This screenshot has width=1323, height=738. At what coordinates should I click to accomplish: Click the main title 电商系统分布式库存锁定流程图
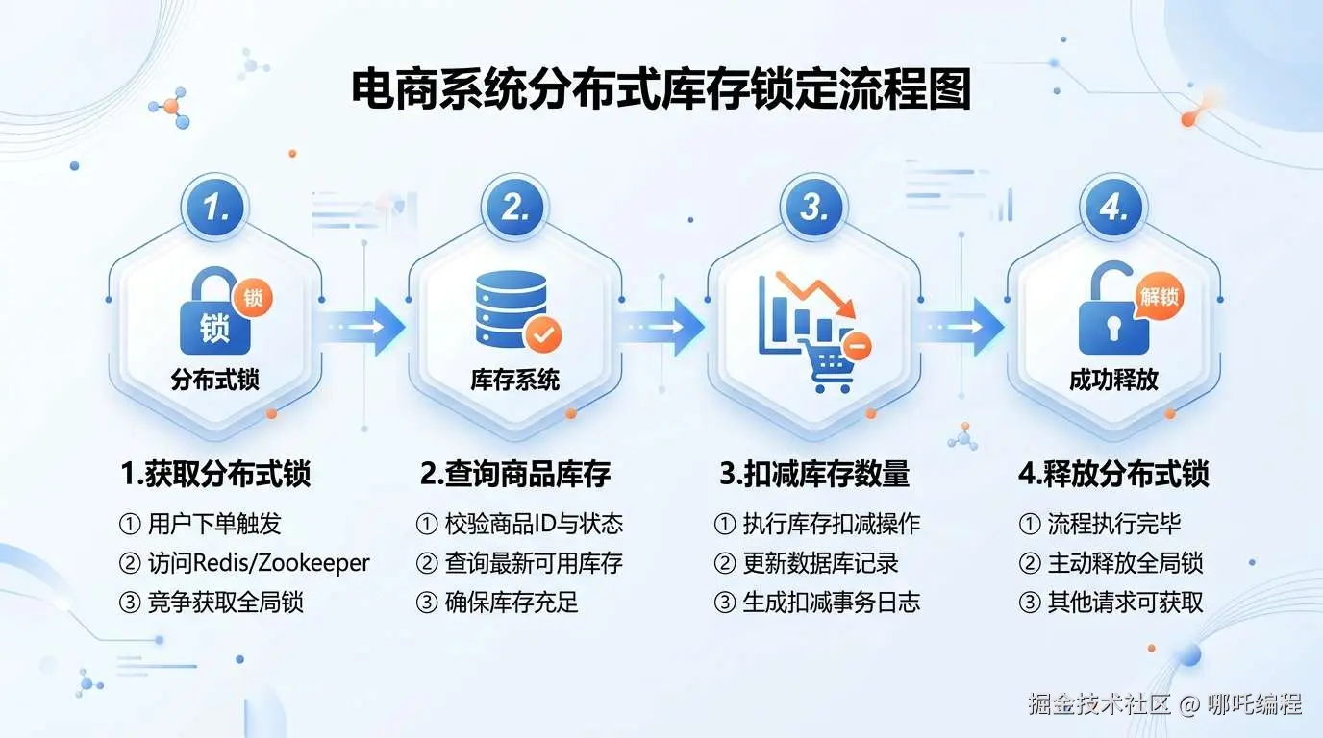(661, 89)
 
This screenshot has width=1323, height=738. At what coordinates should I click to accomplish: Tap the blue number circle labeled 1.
(215, 208)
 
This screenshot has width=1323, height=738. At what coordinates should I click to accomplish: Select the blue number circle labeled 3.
(813, 208)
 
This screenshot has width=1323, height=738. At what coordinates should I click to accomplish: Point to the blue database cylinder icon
(512, 309)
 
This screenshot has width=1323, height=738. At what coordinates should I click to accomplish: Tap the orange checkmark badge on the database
(543, 334)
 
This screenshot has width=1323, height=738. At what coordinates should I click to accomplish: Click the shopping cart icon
(830, 363)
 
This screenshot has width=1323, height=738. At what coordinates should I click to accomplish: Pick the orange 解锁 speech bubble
(1159, 296)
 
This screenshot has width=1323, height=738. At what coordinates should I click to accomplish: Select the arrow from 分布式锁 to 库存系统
(362, 327)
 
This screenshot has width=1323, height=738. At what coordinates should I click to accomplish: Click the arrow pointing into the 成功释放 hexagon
(960, 327)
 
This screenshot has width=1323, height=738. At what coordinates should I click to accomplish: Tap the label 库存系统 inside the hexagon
(514, 380)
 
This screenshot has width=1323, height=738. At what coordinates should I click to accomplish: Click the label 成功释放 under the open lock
(1113, 380)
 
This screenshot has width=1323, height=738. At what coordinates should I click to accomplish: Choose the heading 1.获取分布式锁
(215, 474)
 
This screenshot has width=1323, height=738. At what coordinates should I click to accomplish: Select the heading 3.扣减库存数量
(814, 474)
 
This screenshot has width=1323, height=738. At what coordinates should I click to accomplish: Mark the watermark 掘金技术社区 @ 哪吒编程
(1164, 703)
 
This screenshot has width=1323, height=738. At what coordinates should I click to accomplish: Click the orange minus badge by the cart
(858, 345)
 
